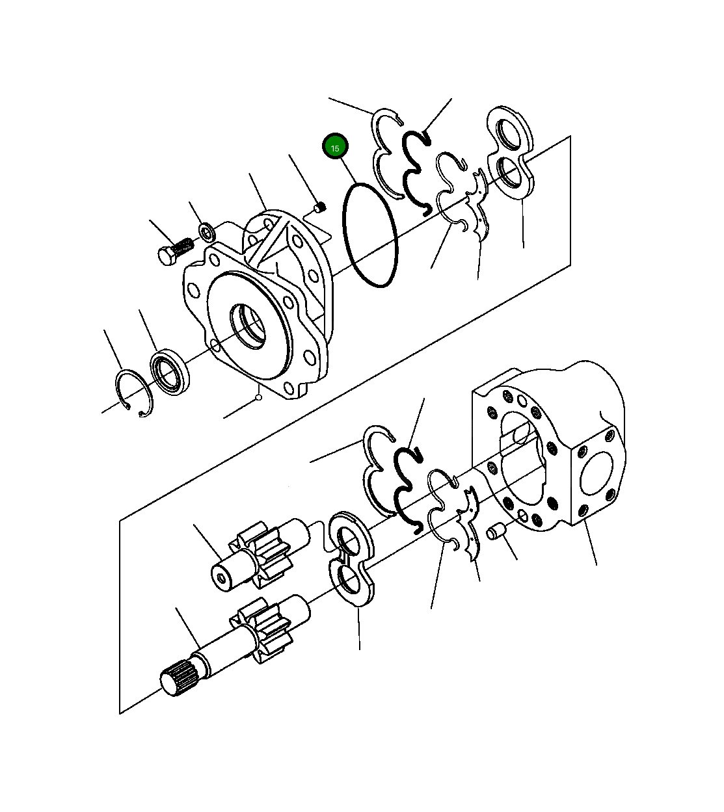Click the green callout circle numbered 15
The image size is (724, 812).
click(x=336, y=148)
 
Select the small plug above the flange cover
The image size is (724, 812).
click(x=319, y=207)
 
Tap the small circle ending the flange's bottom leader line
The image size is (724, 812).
click(x=258, y=397)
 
